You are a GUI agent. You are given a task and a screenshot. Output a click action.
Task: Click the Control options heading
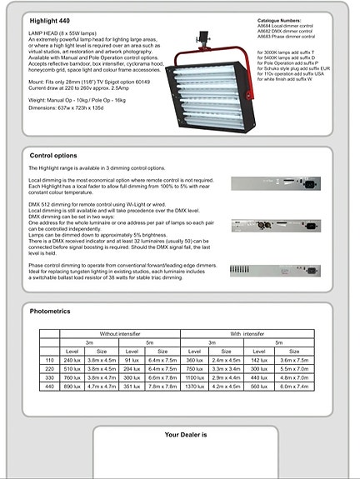pyautogui.click(x=53, y=156)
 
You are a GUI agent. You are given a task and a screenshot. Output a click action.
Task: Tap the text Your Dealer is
pyautogui.click(x=185, y=435)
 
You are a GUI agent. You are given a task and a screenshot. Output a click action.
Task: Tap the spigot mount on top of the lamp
pyautogui.click(x=201, y=38)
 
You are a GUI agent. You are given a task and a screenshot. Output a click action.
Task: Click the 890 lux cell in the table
pyautogui.click(x=72, y=387)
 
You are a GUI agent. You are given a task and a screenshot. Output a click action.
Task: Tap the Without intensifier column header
pyautogui.click(x=120, y=333)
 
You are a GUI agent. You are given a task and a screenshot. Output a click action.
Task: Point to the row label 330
pyautogui.click(x=47, y=377)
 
